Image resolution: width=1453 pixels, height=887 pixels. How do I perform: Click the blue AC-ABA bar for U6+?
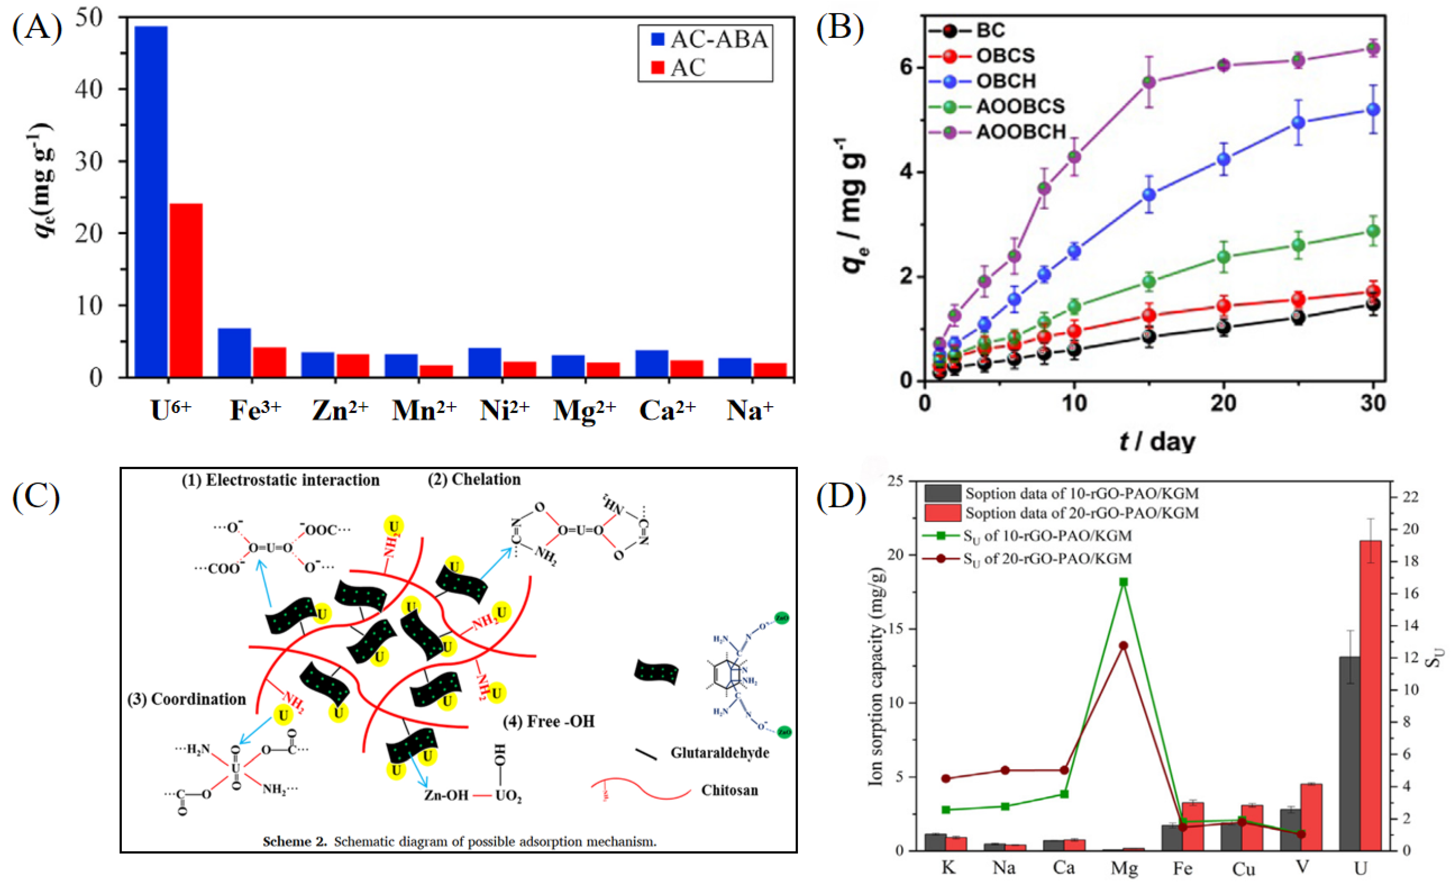pyautogui.click(x=151, y=201)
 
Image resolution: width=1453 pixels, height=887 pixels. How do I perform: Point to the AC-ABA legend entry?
pyautogui.click(x=708, y=40)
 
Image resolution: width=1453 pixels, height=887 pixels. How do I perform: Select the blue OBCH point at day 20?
pyautogui.click(x=1224, y=159)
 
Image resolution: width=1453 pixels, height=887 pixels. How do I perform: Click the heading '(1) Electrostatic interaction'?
pyautogui.click(x=281, y=480)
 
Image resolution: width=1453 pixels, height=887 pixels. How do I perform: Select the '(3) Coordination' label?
pyautogui.click(x=187, y=700)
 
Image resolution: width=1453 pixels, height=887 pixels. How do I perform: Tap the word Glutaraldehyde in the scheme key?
pyautogui.click(x=719, y=753)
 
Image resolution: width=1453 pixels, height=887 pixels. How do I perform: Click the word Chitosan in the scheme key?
pyautogui.click(x=729, y=790)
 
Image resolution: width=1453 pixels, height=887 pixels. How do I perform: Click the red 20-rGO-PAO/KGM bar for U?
pyautogui.click(x=1371, y=696)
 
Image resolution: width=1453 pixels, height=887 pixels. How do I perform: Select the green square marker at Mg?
pyautogui.click(x=1123, y=582)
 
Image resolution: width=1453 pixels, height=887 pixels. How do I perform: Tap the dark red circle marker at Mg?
pyautogui.click(x=1123, y=646)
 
